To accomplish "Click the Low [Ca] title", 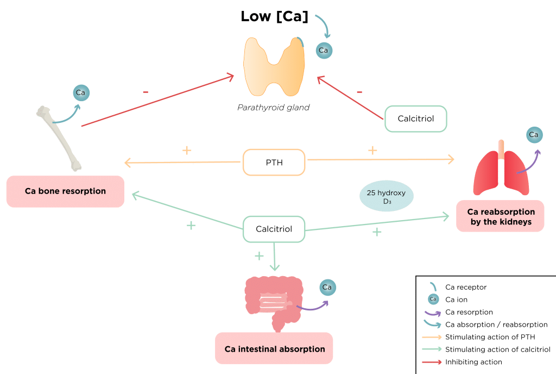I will [275, 17].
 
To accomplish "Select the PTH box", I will [274, 162].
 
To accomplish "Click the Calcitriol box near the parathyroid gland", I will [416, 119].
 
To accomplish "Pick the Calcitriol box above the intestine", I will [274, 229].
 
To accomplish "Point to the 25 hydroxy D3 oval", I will [387, 197].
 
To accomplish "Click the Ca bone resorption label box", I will [65, 191].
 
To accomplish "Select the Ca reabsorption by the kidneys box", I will [500, 217].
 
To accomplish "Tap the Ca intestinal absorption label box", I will [274, 348].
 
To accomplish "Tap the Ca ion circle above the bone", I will [81, 93].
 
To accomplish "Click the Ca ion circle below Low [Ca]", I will [324, 51].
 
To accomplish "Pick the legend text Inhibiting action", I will [473, 362].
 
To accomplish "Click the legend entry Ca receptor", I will [466, 287].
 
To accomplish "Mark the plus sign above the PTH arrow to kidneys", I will [372, 150].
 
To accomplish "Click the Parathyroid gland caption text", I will [273, 108].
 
